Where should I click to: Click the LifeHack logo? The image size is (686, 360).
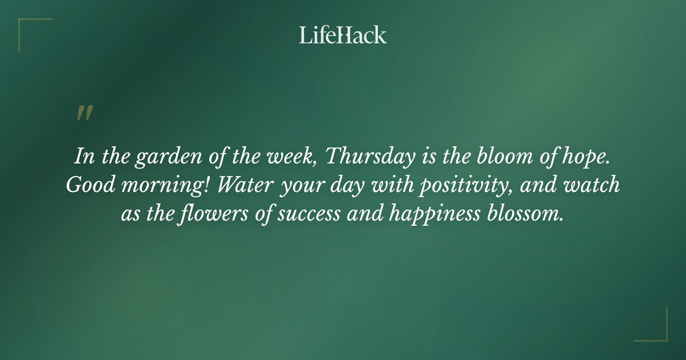(x=342, y=35)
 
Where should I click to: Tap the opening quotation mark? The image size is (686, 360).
(x=84, y=113)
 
